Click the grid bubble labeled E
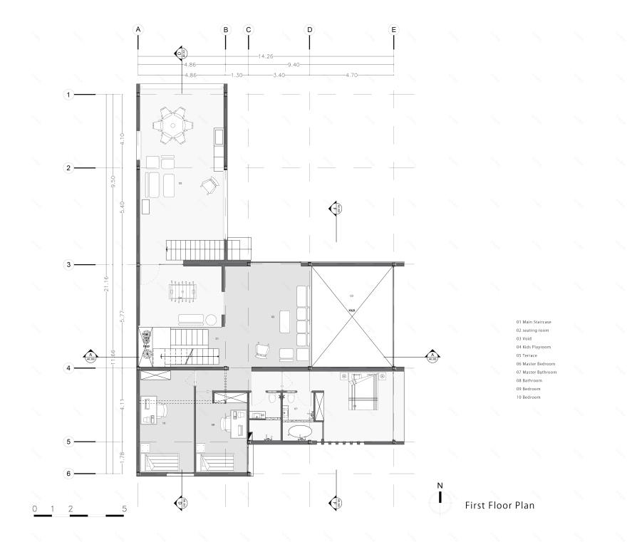(393, 30)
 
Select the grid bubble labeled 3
(69, 264)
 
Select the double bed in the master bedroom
(363, 393)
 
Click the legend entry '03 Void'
(528, 338)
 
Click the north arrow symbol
(440, 499)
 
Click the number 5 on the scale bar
(125, 508)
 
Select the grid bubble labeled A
(138, 30)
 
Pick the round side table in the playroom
(212, 319)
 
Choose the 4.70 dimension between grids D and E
(352, 75)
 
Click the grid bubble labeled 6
(69, 474)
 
